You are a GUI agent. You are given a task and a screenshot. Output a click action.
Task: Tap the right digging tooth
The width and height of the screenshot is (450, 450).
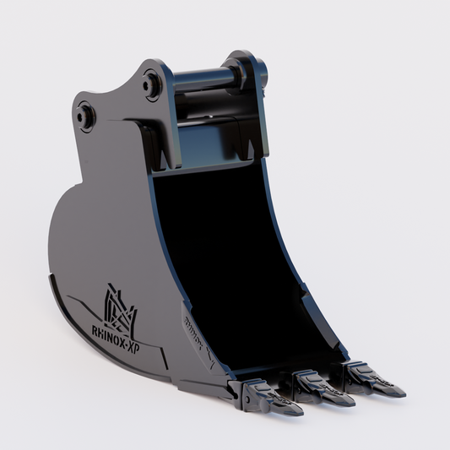(x=371, y=377)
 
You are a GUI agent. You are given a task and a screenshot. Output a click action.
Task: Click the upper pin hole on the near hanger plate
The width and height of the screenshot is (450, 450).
(x=153, y=83)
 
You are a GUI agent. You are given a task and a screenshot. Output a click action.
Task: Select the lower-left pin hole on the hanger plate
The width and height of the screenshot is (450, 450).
(x=84, y=112)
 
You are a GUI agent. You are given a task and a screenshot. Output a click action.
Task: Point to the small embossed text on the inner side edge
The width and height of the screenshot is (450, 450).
(x=193, y=329)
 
